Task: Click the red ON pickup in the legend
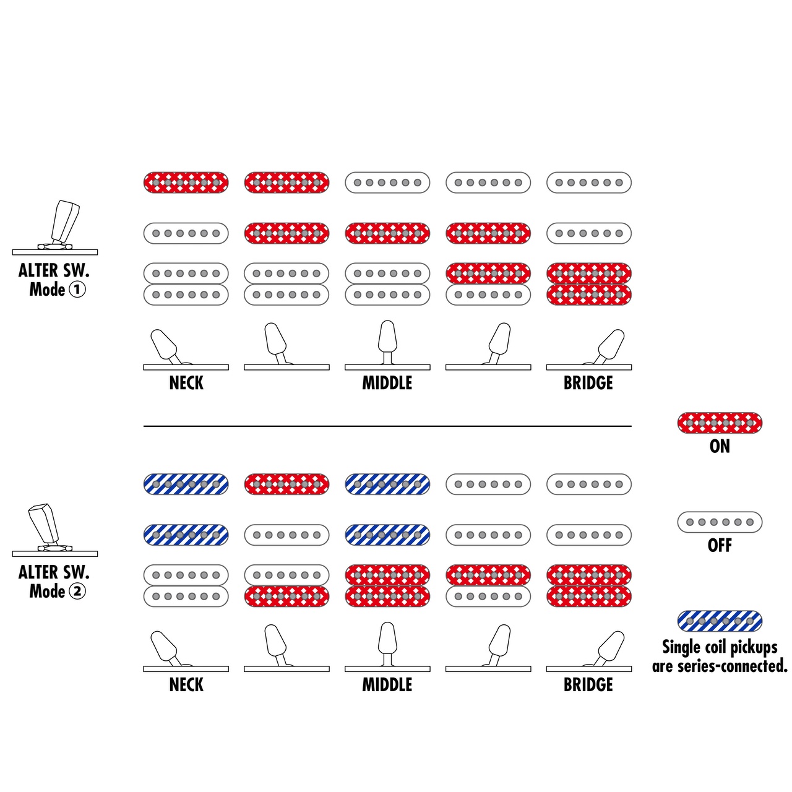(x=720, y=423)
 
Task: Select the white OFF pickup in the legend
(x=720, y=522)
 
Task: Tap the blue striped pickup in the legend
(x=720, y=621)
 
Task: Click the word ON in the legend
(x=720, y=446)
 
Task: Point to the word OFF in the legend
(x=720, y=545)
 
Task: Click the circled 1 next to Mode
(x=77, y=290)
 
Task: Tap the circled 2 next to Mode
(x=77, y=592)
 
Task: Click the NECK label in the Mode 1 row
(x=186, y=383)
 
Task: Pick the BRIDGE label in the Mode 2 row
(x=588, y=685)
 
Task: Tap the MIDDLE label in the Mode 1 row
(x=387, y=383)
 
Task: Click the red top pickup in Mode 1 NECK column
(x=186, y=183)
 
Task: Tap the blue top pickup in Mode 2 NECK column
(x=186, y=484)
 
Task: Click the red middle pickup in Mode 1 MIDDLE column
(x=387, y=233)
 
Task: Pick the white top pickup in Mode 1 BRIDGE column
(x=589, y=183)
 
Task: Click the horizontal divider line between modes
(x=387, y=426)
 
